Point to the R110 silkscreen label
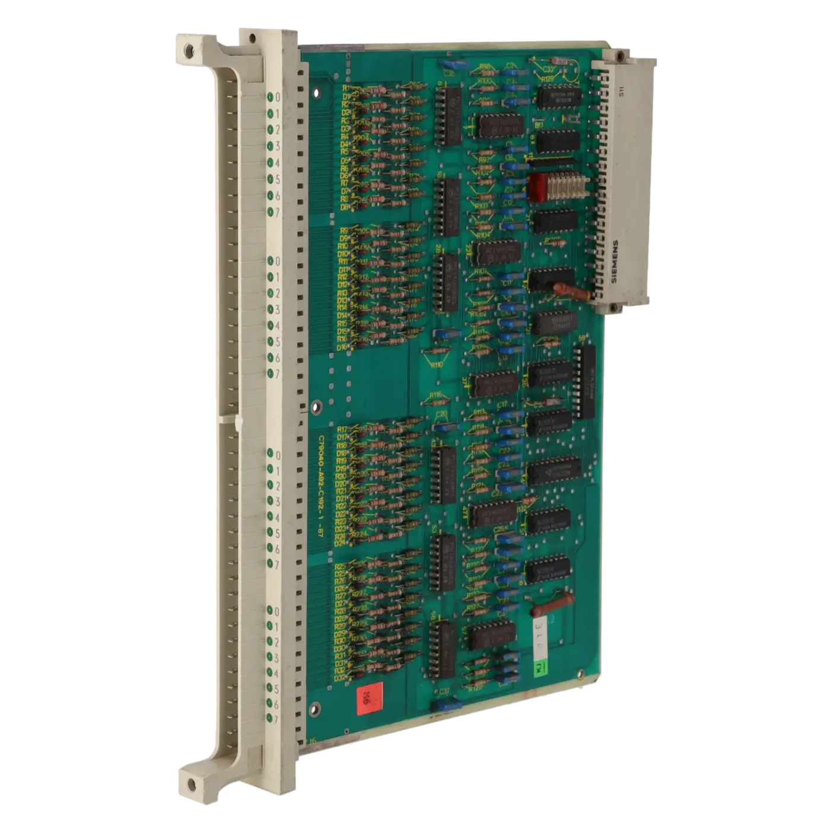(437, 365)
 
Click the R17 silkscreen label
(342, 429)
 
